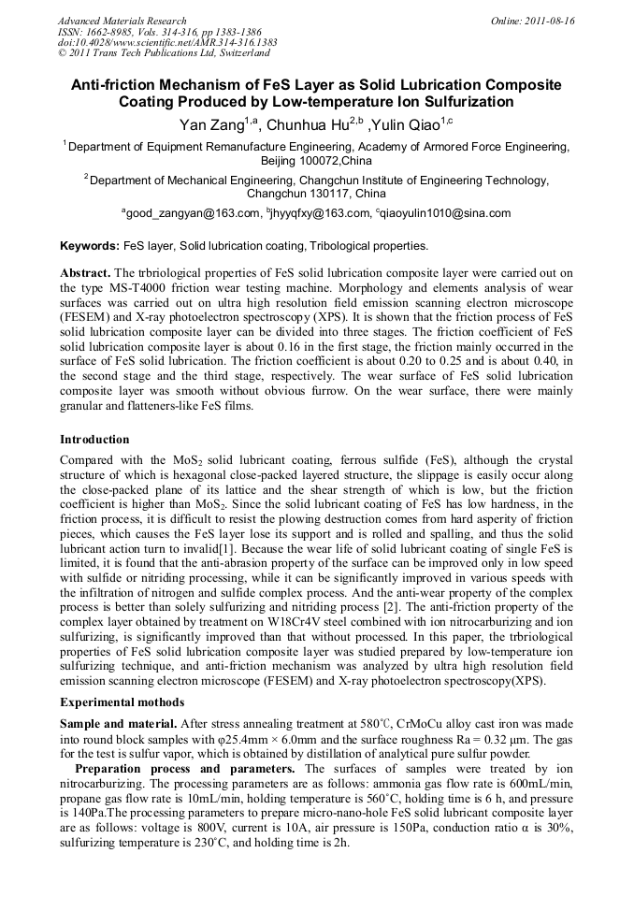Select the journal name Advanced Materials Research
[x=122, y=21]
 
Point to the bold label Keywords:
[x=90, y=246]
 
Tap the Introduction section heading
[x=94, y=440]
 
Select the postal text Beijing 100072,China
[x=316, y=161]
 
